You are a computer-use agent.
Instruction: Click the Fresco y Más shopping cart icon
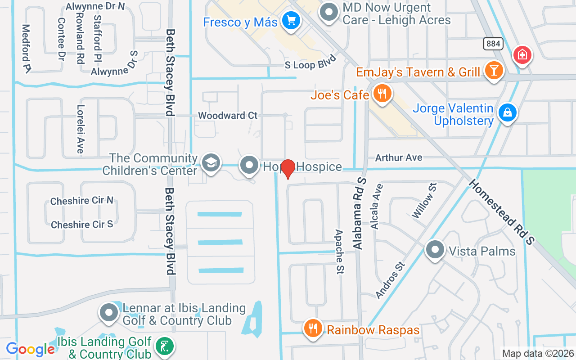click(x=291, y=20)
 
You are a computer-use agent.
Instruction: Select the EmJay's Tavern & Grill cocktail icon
click(x=494, y=70)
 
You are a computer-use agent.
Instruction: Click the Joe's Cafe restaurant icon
click(x=382, y=94)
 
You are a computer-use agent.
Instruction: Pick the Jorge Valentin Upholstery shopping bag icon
click(x=507, y=112)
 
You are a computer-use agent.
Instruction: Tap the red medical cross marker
click(x=522, y=55)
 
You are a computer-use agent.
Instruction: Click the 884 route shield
click(x=493, y=44)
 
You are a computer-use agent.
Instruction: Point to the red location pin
click(x=288, y=168)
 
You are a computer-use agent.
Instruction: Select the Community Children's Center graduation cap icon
click(x=210, y=163)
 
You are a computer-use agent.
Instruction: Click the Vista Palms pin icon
click(x=435, y=250)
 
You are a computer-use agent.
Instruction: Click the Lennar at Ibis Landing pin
click(x=108, y=313)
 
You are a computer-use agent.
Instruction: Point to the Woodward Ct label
click(x=228, y=116)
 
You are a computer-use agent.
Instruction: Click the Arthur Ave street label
click(x=399, y=157)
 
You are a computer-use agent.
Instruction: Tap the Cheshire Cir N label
click(x=81, y=201)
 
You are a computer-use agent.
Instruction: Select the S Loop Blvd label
click(x=311, y=63)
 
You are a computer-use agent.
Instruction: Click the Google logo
click(x=30, y=349)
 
